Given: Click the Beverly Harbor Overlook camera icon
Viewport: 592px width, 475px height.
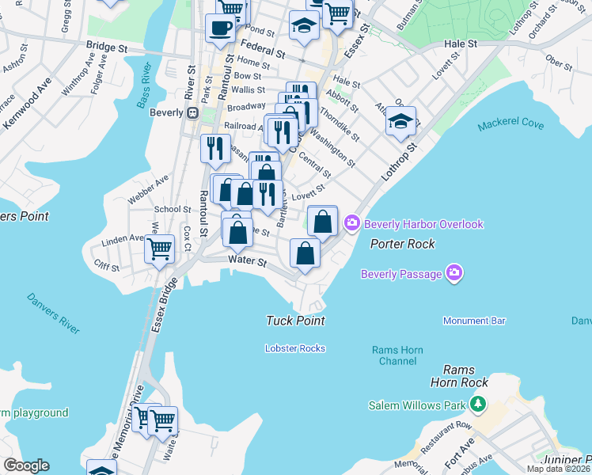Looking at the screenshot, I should click(x=352, y=224).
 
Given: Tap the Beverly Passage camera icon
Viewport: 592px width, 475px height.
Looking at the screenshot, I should click(x=454, y=274).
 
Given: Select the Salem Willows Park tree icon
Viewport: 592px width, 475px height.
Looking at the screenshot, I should click(x=477, y=405).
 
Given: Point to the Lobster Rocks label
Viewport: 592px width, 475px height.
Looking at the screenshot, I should click(x=294, y=348).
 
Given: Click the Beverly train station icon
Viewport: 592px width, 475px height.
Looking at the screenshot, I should click(x=192, y=112).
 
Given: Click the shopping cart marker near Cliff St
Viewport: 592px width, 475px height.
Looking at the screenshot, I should click(x=159, y=248).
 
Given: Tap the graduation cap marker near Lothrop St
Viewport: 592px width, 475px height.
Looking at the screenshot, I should click(x=400, y=121).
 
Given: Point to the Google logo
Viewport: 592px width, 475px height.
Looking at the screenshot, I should click(x=26, y=465).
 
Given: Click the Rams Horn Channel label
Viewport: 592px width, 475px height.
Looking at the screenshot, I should click(x=397, y=355).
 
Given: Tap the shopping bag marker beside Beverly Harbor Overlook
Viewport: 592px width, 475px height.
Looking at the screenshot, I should click(x=322, y=221).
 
